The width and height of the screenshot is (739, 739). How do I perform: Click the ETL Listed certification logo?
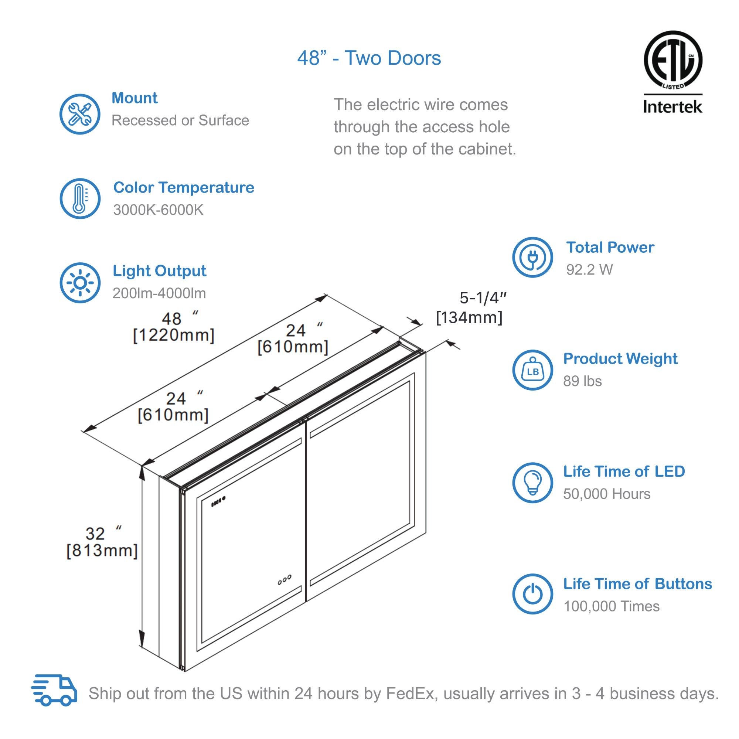(x=673, y=61)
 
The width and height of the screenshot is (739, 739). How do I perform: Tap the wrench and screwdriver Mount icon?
(x=79, y=114)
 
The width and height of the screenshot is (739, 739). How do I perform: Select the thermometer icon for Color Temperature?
(x=79, y=198)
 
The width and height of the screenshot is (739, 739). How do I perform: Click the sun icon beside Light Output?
(x=79, y=283)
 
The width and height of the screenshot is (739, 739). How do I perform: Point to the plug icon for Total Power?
(x=532, y=257)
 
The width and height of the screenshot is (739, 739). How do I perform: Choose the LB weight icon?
(x=532, y=370)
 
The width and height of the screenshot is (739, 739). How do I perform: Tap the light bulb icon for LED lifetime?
(x=532, y=483)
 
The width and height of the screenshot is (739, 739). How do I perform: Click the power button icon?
(x=532, y=594)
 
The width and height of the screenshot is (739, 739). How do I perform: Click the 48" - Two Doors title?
(x=369, y=58)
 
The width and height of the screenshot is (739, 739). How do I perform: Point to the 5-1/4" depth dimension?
(x=483, y=298)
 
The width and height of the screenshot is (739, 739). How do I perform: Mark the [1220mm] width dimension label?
(x=173, y=336)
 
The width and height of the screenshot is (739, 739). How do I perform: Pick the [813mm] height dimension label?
(x=102, y=551)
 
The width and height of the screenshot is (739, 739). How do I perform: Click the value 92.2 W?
(x=589, y=270)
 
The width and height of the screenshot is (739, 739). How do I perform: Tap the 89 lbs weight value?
(x=582, y=381)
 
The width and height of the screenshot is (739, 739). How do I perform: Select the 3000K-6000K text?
(x=158, y=210)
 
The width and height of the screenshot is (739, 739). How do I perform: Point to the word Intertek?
(x=672, y=106)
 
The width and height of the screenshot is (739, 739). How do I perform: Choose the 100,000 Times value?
(x=611, y=606)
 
